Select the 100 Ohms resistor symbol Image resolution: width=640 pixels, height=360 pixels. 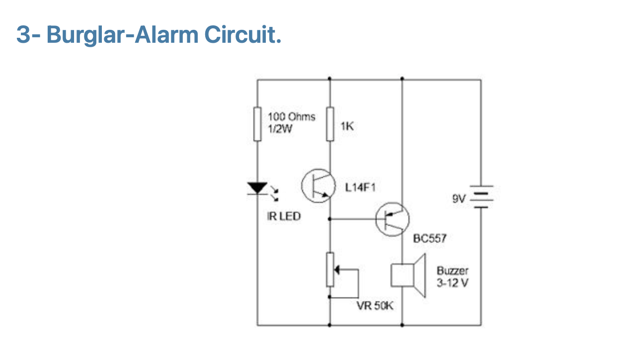pos(257,123)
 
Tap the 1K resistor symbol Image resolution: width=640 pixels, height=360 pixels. pos(329,123)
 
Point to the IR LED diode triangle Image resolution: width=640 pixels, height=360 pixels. pos(257,188)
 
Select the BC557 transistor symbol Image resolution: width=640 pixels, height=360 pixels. pos(392,219)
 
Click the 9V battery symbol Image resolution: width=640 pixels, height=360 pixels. pos(480,197)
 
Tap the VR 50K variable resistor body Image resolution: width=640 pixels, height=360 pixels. pos(329,270)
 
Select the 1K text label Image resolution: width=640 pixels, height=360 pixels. pos(347,127)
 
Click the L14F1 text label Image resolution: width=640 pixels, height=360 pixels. pos(360,188)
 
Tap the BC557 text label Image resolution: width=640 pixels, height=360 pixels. pos(430,239)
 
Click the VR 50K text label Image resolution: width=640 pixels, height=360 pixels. pos(375,306)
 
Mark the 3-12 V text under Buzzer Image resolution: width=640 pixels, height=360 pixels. pos(452,283)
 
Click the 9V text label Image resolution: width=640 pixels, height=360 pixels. pos(459,199)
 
